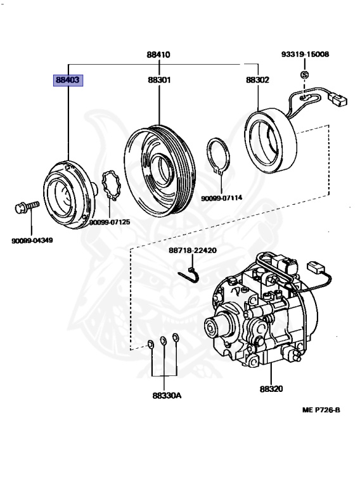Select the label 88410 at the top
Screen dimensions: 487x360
pyautogui.click(x=158, y=55)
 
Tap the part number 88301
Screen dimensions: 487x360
pyautogui.click(x=158, y=81)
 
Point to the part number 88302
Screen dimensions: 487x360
pyautogui.click(x=258, y=81)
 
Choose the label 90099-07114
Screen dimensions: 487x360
pyautogui.click(x=222, y=198)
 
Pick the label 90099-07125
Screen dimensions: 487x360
pyautogui.click(x=110, y=222)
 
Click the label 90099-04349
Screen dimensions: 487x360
pyautogui.click(x=32, y=240)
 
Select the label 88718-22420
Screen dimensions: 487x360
pyautogui.click(x=193, y=250)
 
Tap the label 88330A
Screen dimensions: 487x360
pyautogui.click(x=167, y=396)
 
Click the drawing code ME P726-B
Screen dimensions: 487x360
pyautogui.click(x=321, y=410)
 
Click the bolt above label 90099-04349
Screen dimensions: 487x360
pyautogui.click(x=25, y=207)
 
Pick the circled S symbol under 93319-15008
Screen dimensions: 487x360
pyautogui.click(x=304, y=75)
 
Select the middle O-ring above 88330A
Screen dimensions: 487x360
pyautogui.click(x=164, y=342)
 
